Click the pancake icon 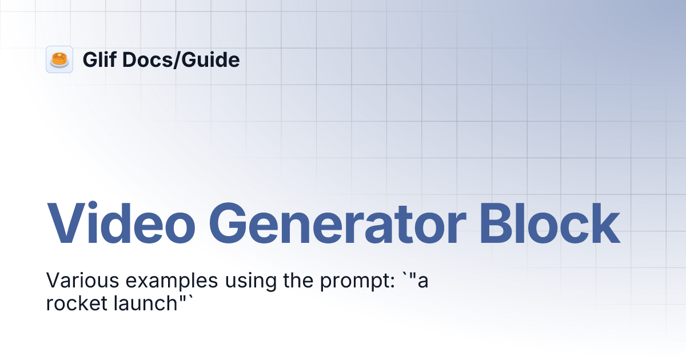[59, 59]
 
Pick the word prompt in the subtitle [354, 282]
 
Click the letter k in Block [605, 224]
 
